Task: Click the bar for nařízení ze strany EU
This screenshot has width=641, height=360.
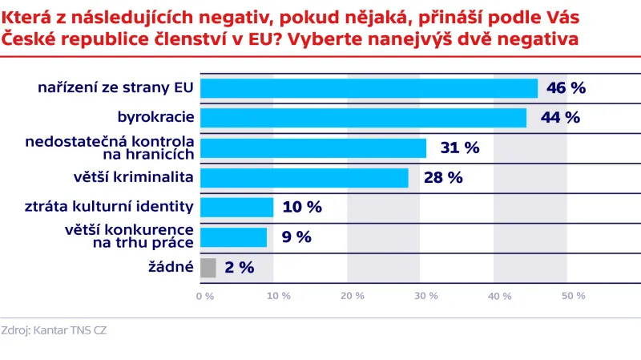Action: (369, 87)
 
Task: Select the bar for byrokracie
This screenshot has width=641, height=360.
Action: (363, 118)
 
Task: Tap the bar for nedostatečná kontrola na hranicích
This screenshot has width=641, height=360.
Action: (313, 148)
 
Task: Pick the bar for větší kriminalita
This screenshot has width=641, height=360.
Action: (304, 177)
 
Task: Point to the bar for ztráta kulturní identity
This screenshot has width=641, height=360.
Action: (236, 207)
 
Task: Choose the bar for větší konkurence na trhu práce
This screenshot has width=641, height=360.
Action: (233, 237)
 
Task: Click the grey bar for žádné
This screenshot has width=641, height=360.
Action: (208, 267)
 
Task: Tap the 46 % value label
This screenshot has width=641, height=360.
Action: (566, 87)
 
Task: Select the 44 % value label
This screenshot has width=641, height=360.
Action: (559, 118)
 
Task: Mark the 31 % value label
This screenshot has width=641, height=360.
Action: (459, 148)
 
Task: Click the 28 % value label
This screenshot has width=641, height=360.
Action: (443, 177)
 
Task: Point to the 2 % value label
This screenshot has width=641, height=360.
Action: (239, 267)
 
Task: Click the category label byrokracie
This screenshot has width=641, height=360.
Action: (155, 118)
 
